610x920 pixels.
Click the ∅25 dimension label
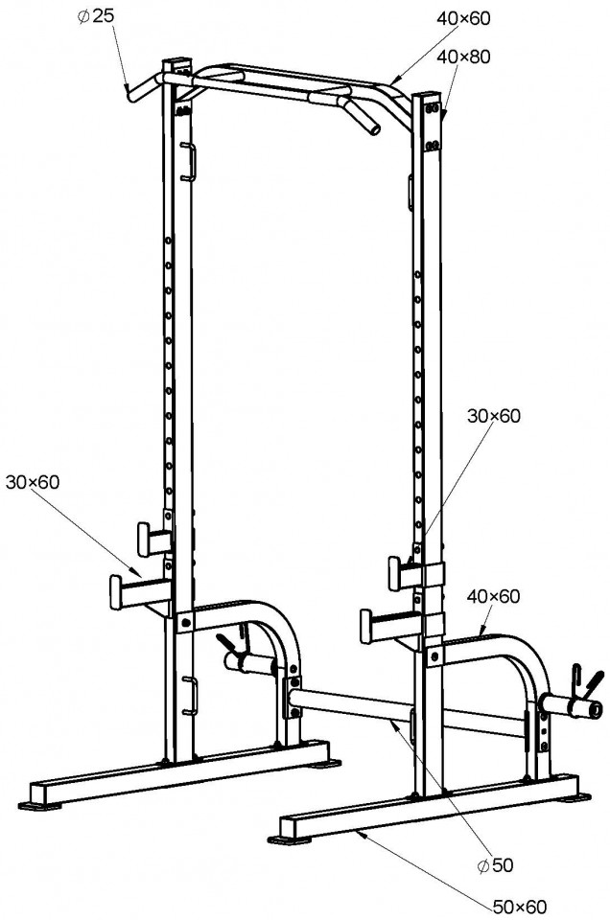pos(95,16)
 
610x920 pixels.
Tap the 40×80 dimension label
pos(464,57)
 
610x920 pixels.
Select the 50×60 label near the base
pos(520,907)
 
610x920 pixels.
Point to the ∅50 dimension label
pos(496,864)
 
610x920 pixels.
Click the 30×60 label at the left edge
pos(33,482)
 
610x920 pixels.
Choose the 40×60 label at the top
pos(463,19)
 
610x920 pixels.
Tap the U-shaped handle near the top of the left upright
pos(189,161)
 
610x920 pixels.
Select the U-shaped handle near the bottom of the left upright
pos(190,696)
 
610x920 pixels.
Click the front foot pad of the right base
pos(289,840)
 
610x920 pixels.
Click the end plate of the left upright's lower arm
pos(116,592)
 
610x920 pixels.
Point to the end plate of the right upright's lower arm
pos(367,626)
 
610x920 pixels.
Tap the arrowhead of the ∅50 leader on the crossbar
pos(391,724)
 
